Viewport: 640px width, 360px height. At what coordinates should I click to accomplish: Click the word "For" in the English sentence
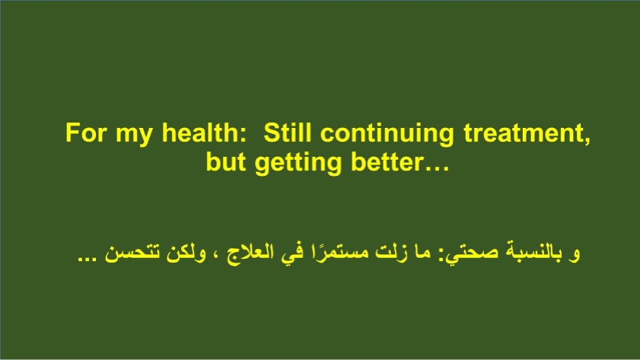[85, 132]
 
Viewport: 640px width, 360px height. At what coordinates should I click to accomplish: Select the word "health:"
[204, 132]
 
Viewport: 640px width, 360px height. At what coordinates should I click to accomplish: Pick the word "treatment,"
[527, 133]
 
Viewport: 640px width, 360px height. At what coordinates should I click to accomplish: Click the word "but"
[226, 162]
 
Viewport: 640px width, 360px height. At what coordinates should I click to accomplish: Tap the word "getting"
[298, 164]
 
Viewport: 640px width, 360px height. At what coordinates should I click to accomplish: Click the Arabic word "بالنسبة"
[534, 251]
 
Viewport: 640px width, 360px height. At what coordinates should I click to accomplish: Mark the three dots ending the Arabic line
[87, 258]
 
